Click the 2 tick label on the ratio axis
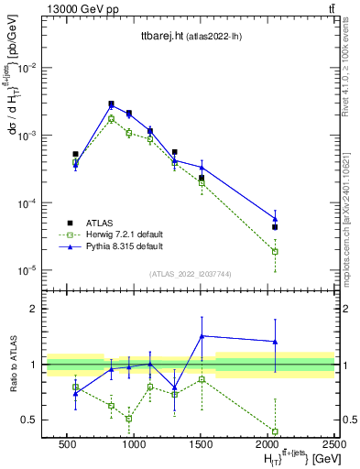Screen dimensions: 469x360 point(35,310)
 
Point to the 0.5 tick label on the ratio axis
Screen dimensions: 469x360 point(31,420)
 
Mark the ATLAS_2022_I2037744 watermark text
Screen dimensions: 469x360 point(186,273)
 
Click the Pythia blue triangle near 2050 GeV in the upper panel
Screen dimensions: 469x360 point(275,218)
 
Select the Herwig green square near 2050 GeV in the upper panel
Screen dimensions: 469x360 point(275,251)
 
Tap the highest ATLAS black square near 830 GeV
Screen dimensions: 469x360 point(111,104)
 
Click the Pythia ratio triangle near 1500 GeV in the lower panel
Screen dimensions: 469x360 point(202,336)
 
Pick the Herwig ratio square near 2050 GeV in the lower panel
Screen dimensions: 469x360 point(275,431)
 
